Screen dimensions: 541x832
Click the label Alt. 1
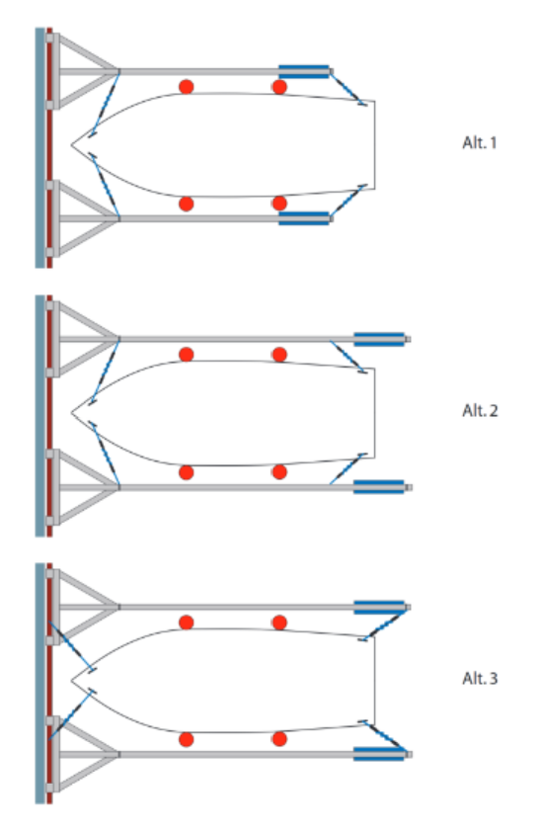point(480,142)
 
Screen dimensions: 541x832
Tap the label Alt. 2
point(480,411)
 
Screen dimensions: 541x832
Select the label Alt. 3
point(480,679)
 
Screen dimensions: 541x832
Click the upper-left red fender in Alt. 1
point(186,87)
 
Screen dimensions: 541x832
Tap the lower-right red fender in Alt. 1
point(279,204)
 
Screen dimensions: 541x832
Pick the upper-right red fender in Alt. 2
point(279,355)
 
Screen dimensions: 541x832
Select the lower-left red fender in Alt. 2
point(186,472)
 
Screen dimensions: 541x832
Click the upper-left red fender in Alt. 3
point(186,623)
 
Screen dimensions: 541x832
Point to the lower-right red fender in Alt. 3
point(279,739)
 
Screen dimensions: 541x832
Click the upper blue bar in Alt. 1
point(304,71)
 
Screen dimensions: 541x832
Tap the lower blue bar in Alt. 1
point(304,218)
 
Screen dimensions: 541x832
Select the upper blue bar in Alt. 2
point(379,339)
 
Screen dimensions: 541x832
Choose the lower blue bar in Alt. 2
point(379,487)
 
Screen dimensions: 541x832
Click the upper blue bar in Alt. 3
point(379,607)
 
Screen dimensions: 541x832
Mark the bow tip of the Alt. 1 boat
point(71,144)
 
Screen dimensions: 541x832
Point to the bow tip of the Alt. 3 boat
point(71,680)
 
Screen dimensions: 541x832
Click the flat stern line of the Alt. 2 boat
point(374,413)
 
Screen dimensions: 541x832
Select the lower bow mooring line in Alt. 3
point(71,714)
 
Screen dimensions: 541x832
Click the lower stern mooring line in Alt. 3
point(385,737)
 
